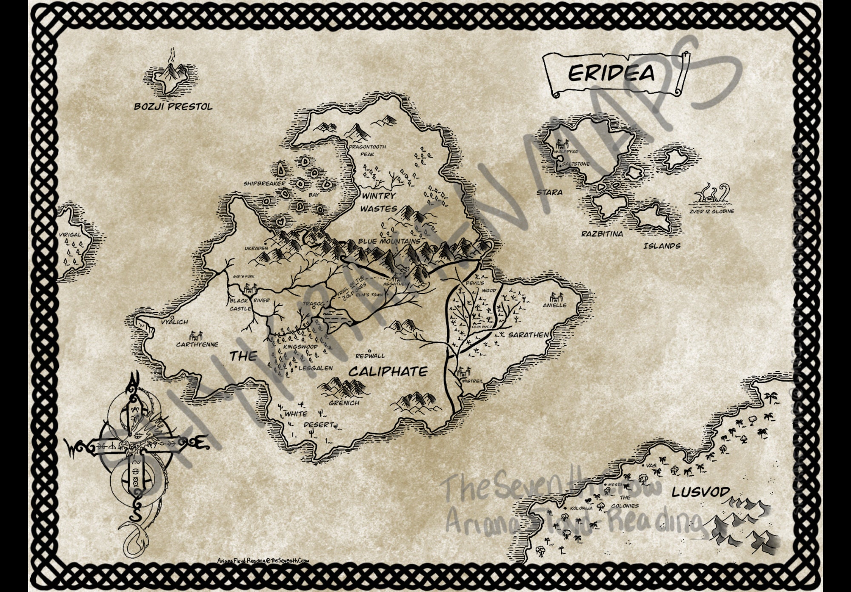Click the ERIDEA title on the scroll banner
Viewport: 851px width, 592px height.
click(611, 73)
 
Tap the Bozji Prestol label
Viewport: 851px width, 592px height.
click(173, 106)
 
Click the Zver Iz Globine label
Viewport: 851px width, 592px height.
click(711, 211)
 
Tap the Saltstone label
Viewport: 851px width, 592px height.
click(576, 164)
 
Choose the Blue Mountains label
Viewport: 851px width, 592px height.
click(388, 241)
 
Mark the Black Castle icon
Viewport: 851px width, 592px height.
click(248, 289)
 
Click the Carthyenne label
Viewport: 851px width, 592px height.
click(197, 344)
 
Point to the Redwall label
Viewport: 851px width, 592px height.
click(370, 356)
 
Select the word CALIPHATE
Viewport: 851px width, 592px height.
click(388, 372)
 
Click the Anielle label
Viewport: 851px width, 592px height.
click(554, 305)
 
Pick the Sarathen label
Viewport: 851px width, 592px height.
click(528, 335)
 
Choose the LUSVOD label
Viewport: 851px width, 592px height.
click(700, 492)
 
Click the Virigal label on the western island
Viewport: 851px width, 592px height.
click(70, 235)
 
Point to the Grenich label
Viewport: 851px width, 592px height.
click(344, 402)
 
